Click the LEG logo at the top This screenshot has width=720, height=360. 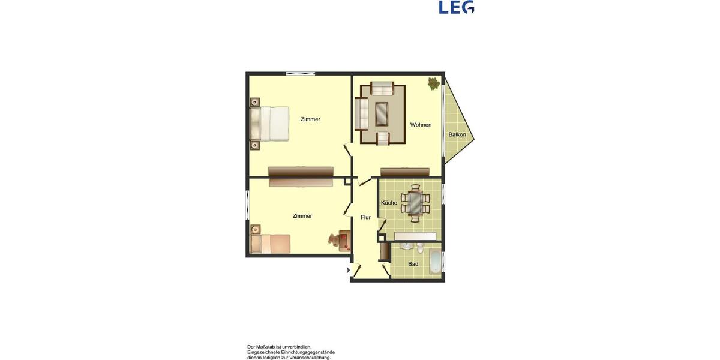(x=457, y=7)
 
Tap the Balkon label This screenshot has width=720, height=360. (x=457, y=134)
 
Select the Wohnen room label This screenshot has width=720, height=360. (x=421, y=125)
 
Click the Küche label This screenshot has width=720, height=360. (x=389, y=203)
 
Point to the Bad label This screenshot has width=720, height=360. (x=413, y=264)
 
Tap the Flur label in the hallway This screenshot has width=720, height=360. (x=365, y=217)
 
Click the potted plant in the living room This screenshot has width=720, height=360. (x=433, y=83)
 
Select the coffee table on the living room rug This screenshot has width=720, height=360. (x=382, y=113)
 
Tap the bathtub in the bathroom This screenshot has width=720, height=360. (x=435, y=263)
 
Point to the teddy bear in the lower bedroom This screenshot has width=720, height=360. (x=334, y=240)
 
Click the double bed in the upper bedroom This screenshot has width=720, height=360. (x=270, y=124)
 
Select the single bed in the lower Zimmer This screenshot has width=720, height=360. (x=271, y=244)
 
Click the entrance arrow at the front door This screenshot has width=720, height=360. (x=349, y=271)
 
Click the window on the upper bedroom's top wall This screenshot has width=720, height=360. (x=301, y=73)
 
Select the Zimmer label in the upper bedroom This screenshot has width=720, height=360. (x=310, y=119)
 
